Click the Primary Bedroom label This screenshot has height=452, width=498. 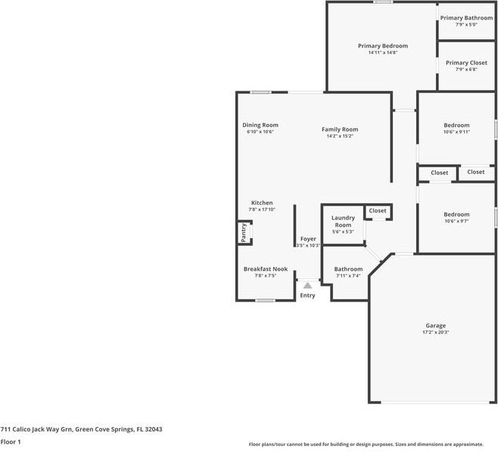point(382,46)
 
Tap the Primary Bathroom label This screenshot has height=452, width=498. point(466,18)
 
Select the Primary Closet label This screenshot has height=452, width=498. point(466,63)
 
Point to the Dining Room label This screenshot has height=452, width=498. point(260,125)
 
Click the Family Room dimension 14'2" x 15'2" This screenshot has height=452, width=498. point(340,136)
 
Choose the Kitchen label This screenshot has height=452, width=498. point(262,203)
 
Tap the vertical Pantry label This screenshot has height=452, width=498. point(244,232)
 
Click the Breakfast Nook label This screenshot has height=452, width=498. point(265,269)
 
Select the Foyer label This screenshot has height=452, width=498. point(307,239)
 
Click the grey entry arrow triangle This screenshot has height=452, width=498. point(307,285)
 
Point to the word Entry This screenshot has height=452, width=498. point(307,295)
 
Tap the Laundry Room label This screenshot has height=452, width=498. point(343,221)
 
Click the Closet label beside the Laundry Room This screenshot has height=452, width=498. point(378,211)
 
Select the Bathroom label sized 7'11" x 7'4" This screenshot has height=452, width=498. point(348,269)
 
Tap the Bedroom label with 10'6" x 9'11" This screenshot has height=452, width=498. point(456,125)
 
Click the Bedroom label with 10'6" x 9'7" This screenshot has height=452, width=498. point(456,214)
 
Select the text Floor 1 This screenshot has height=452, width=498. point(11,441)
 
